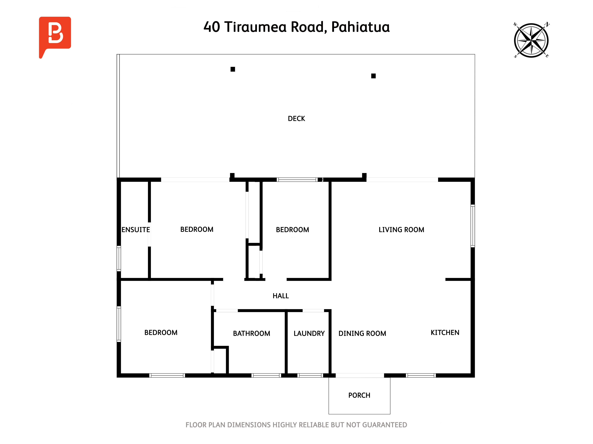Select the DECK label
pyautogui.click(x=296, y=119)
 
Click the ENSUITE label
pyautogui.click(x=136, y=230)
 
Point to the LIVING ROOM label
pyautogui.click(x=401, y=230)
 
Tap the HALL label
pyautogui.click(x=281, y=296)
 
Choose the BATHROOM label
pyautogui.click(x=251, y=333)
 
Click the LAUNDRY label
pyautogui.click(x=309, y=333)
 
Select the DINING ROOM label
pyautogui.click(x=362, y=333)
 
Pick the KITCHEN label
pyautogui.click(x=445, y=333)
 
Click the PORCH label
pyautogui.click(x=359, y=395)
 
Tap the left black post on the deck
pyautogui.click(x=233, y=69)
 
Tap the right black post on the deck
pyautogui.click(x=373, y=76)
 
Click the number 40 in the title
pyautogui.click(x=212, y=27)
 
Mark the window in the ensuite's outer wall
pyautogui.click(x=119, y=259)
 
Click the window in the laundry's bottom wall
pyautogui.click(x=310, y=375)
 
